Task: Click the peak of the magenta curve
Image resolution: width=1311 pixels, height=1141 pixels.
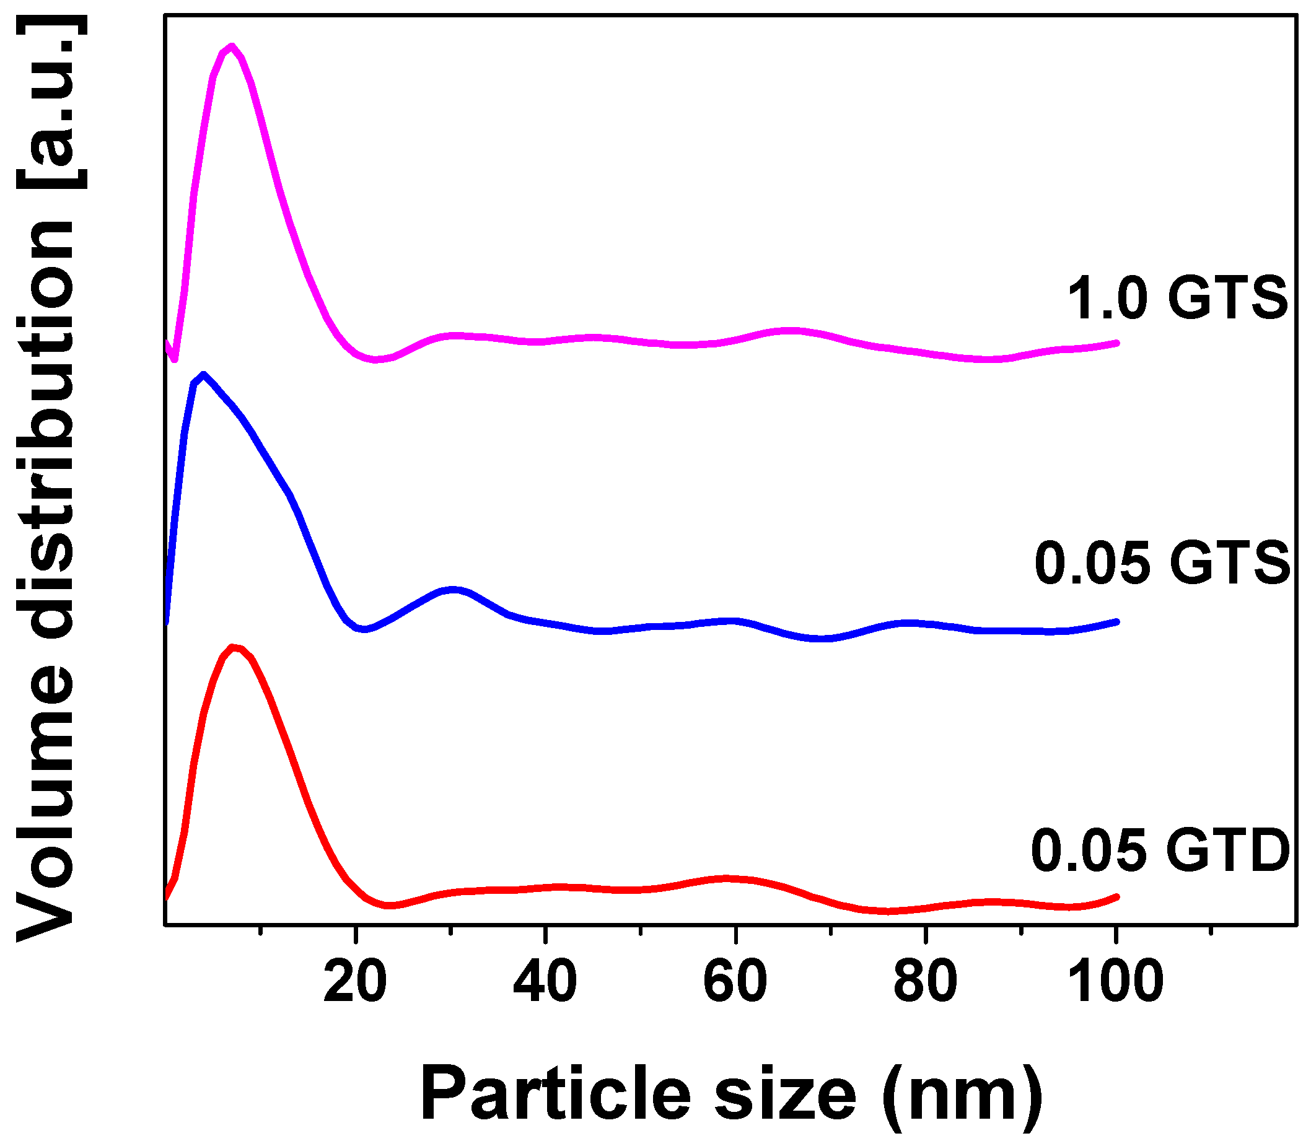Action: pos(232,46)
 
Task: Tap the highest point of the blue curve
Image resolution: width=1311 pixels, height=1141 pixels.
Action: pos(203,375)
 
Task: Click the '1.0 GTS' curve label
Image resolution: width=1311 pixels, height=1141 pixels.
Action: pos(1177,298)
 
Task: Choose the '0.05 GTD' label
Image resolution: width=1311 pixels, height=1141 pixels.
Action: pos(1160,850)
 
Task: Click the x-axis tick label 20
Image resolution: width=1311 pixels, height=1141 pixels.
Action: pos(354,982)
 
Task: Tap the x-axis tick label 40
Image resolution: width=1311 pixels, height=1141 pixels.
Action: pos(545,982)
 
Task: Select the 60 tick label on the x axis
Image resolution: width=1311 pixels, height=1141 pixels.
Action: pos(735,982)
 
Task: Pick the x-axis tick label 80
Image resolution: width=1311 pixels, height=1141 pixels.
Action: pos(925,982)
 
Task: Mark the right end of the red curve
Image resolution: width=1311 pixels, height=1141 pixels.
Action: pos(1116,896)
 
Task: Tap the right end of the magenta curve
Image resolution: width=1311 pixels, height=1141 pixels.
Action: pos(1116,343)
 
